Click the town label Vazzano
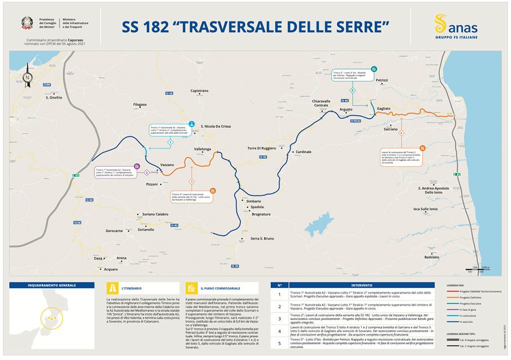pos(167,165)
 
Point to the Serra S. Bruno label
pos(262,239)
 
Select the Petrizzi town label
pos(382,80)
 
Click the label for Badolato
pos(432,257)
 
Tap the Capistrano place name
pos(200,91)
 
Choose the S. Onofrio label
pos(54,97)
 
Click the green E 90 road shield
pos(456,174)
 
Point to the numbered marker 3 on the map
pos(192,182)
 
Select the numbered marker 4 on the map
pos(401,133)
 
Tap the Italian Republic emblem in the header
pos(26,23)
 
